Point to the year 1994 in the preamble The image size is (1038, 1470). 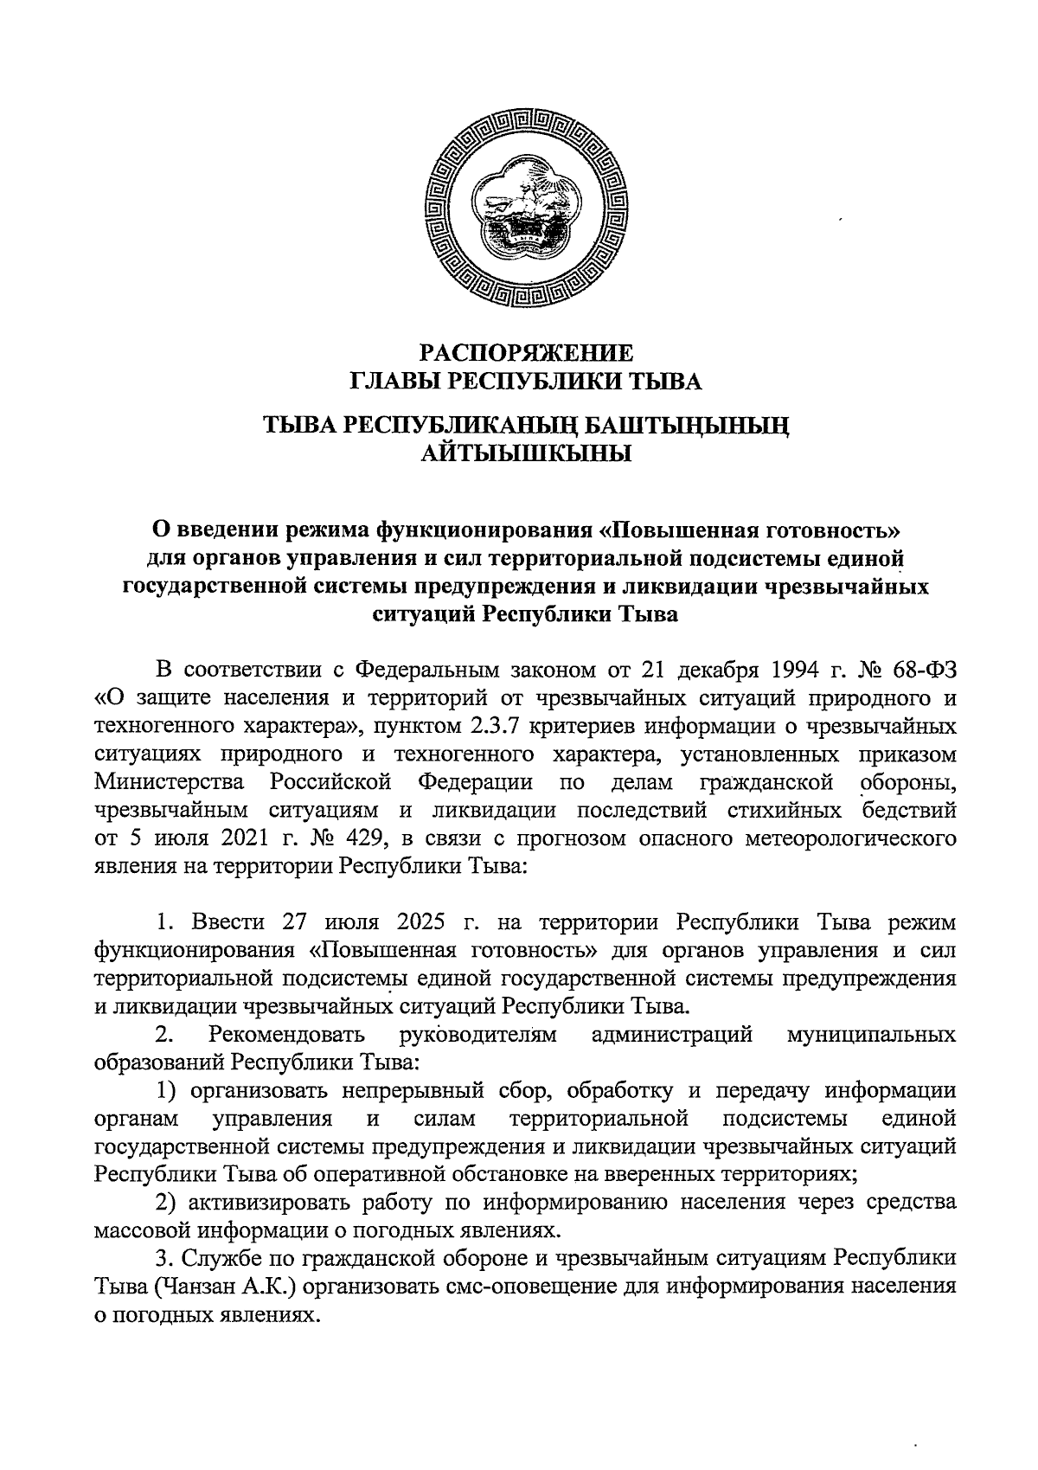click(x=794, y=669)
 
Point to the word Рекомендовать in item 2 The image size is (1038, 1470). click(x=286, y=1034)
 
